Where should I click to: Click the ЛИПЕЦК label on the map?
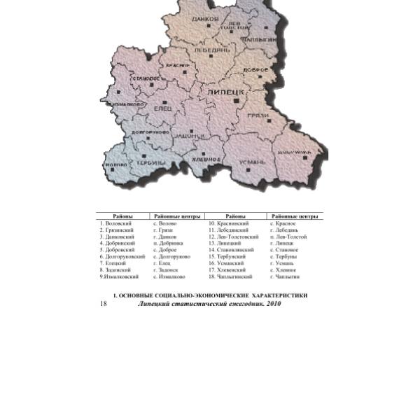tap(224, 92)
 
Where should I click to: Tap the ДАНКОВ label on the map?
tap(205, 19)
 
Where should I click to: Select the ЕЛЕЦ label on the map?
tap(162, 109)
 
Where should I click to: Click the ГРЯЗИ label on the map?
tap(259, 114)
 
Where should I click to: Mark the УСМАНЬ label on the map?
tap(252, 162)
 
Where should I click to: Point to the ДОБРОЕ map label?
tap(255, 70)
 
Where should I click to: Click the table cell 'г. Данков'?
tap(165, 237)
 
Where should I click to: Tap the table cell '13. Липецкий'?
tap(225, 243)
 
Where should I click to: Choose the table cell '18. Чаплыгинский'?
tap(230, 276)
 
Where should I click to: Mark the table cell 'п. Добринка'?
tap(168, 243)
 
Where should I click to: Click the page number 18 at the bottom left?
tap(104, 303)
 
